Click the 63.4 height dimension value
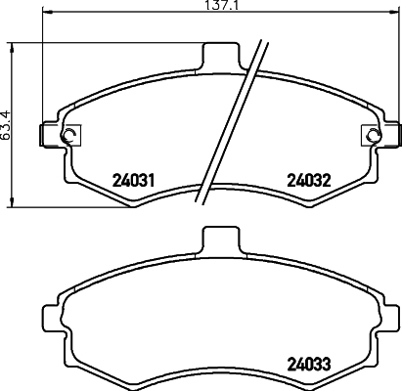pyautogui.click(x=6, y=123)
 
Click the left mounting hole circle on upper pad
pyautogui.click(x=67, y=136)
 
